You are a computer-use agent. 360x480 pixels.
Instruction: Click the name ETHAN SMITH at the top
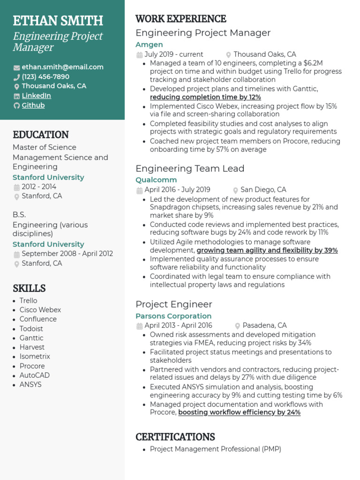58,21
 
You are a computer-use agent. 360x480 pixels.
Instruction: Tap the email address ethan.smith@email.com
62,67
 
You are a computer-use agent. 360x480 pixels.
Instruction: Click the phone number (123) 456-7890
45,76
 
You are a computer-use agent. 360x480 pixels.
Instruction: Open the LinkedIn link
36,96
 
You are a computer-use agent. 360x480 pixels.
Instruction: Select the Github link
33,105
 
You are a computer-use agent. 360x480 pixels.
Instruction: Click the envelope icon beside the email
17,67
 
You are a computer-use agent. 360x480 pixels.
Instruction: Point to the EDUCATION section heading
41,135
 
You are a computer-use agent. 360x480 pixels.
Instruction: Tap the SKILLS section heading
29,288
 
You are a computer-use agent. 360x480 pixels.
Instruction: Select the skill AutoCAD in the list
34,375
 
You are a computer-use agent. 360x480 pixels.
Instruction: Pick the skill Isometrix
35,357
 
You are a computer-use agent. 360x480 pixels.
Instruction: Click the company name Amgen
149,45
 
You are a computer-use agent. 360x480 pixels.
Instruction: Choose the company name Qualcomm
156,180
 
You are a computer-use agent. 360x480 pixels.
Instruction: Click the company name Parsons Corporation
173,316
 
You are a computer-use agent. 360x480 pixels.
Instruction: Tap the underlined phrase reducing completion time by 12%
205,97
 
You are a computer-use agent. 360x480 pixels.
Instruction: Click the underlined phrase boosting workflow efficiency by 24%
239,412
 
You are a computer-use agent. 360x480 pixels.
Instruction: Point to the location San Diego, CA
263,190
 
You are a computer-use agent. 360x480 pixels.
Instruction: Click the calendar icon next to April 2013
139,326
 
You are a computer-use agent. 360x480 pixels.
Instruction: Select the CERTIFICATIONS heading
175,437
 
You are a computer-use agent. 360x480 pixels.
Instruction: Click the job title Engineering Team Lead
190,168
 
